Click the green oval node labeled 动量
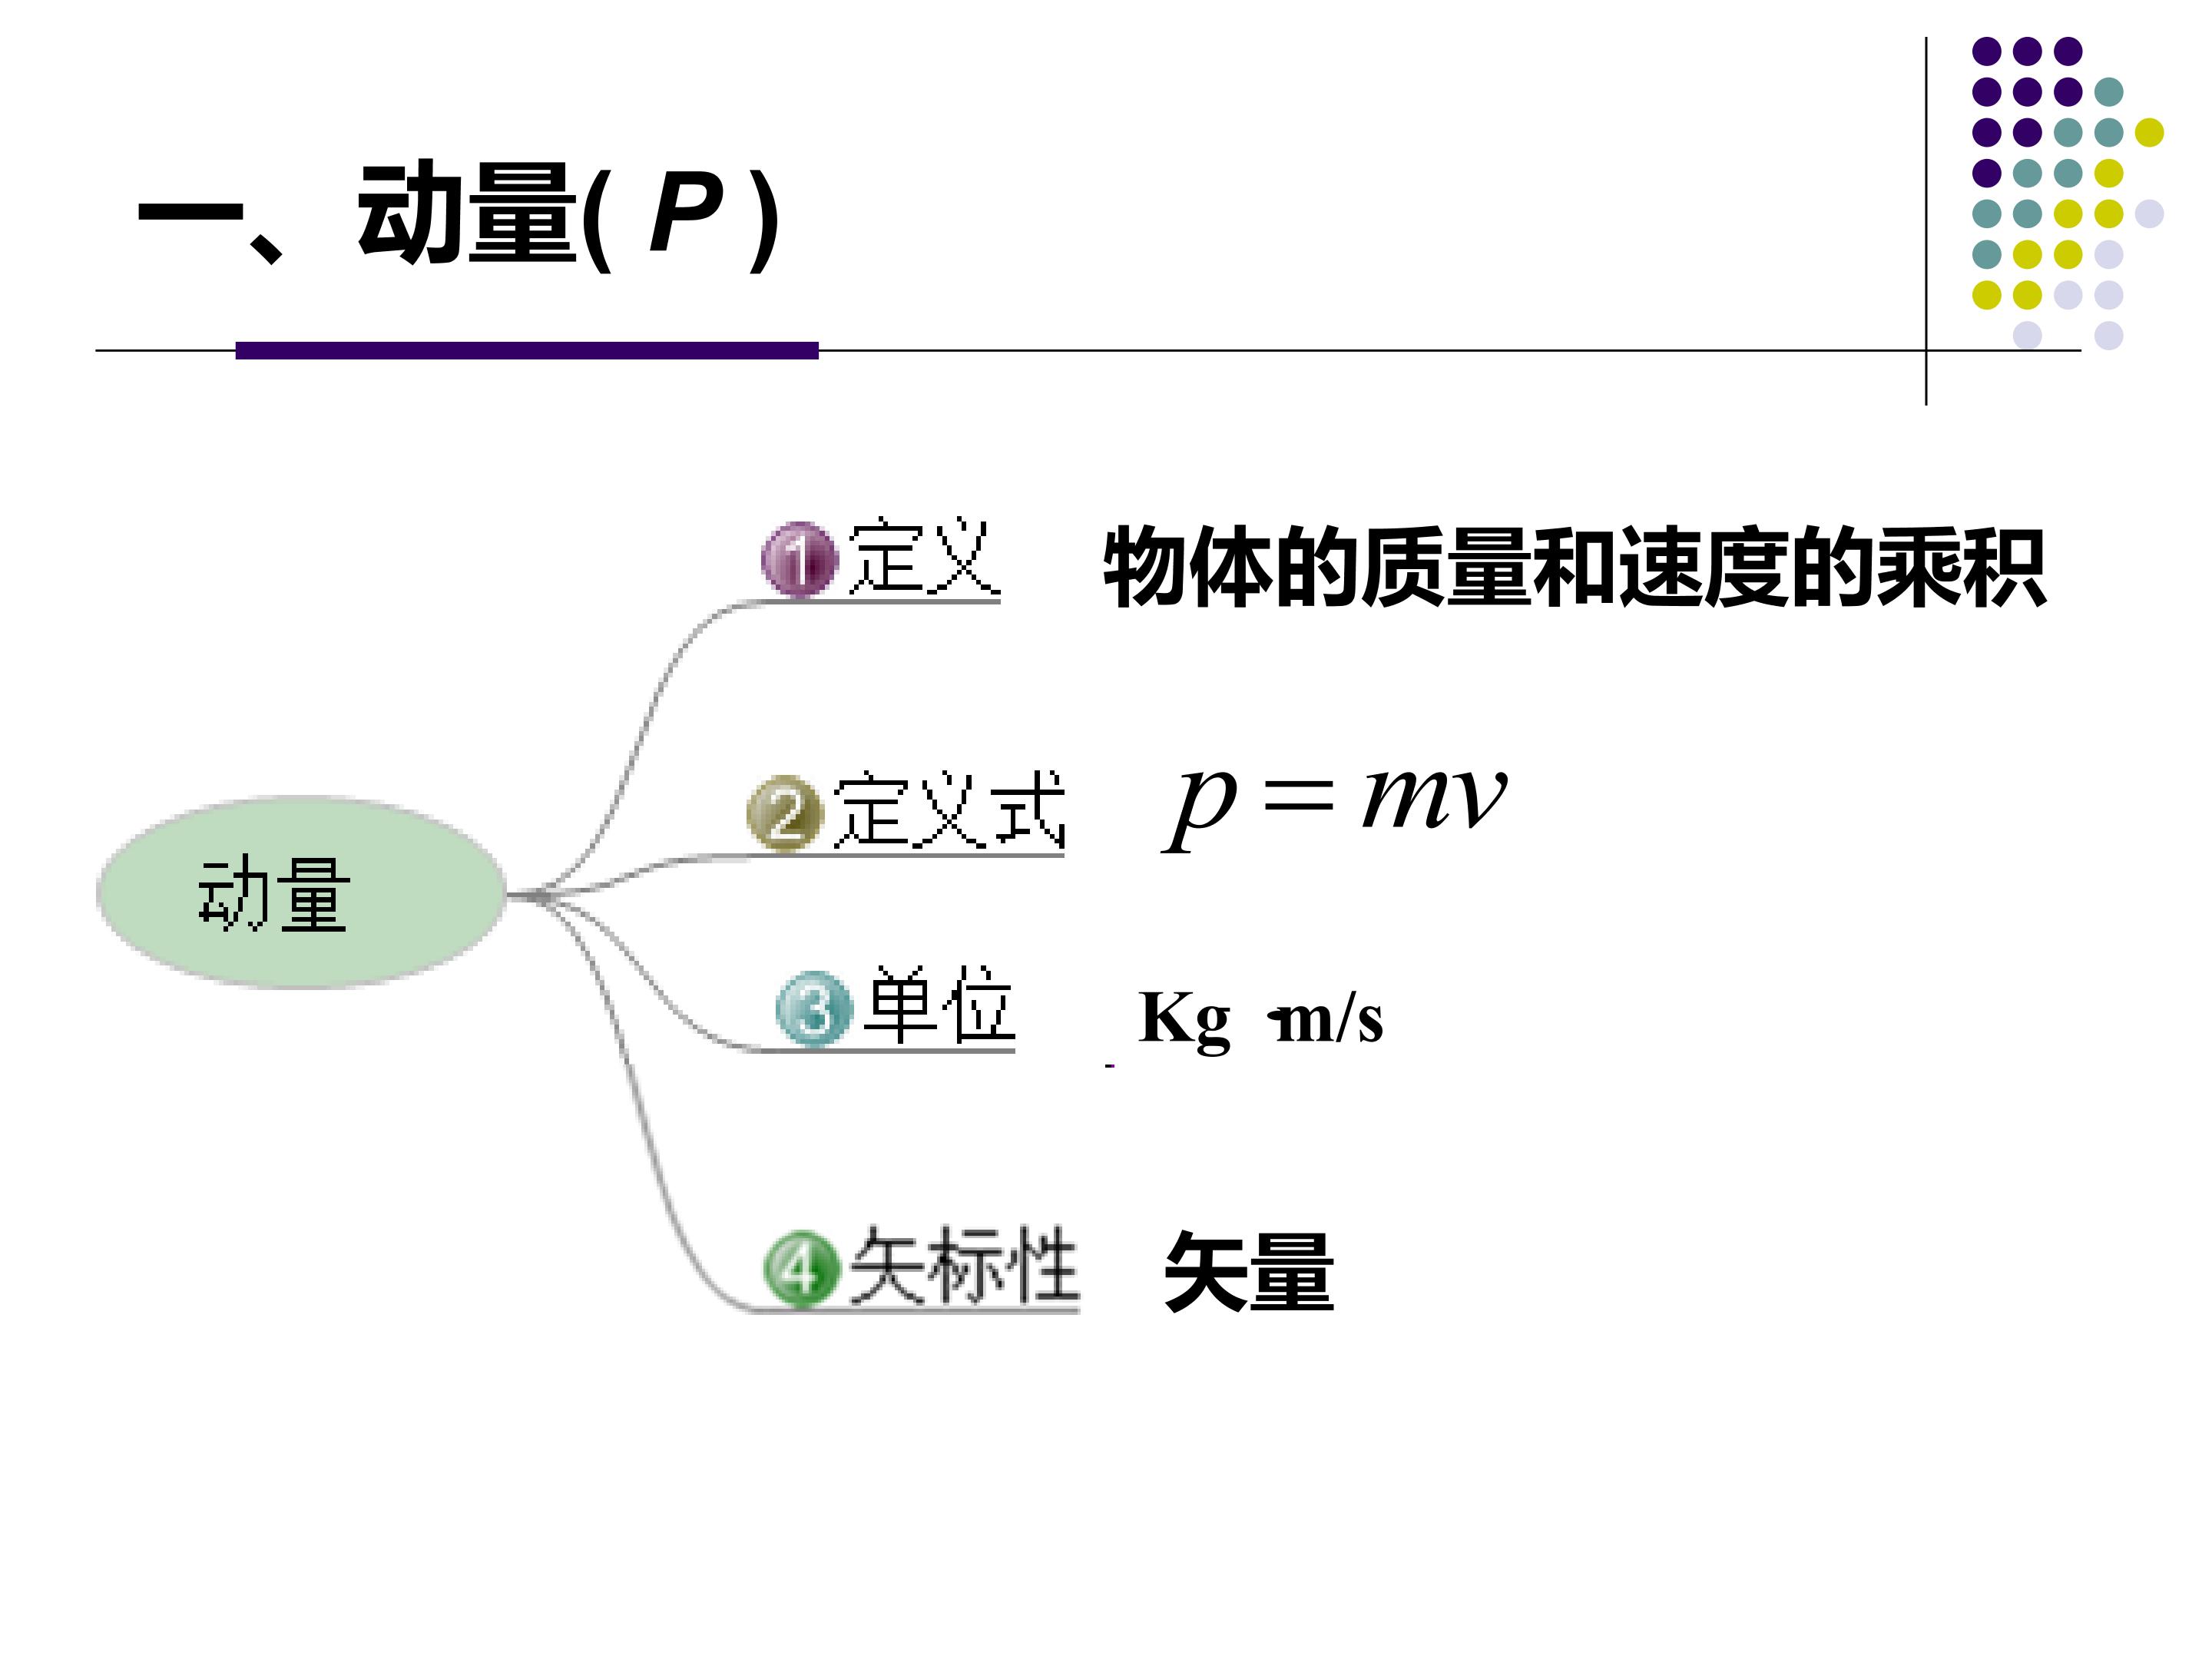click(300, 893)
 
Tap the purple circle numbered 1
click(798, 559)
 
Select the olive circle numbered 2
click(784, 812)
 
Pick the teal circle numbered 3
click(814, 1008)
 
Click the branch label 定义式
click(948, 809)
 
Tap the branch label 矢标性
click(964, 1265)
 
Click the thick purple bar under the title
click(527, 350)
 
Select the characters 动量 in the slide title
click(468, 212)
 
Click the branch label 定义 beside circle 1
click(923, 556)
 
